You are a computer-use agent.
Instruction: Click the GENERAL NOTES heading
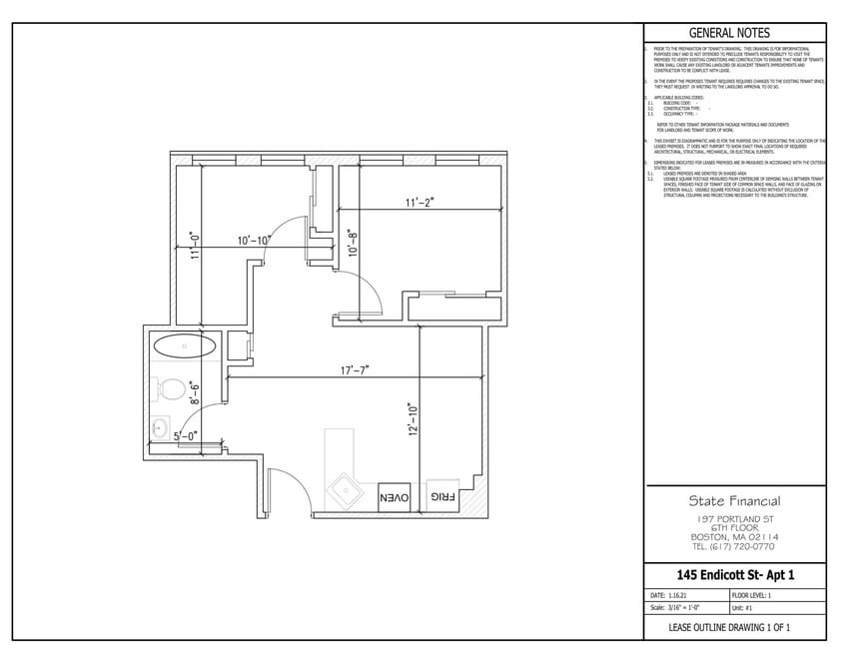(x=735, y=33)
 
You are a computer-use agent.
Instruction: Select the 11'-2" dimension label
(x=420, y=203)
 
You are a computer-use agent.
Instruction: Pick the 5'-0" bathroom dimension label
(x=185, y=435)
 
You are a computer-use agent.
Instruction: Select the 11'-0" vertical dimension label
(x=194, y=246)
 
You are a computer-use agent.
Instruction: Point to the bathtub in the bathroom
(x=184, y=347)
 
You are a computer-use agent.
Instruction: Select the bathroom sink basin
(x=161, y=428)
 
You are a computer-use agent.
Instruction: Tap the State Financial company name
(x=735, y=501)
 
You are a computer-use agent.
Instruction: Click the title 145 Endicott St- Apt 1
(x=735, y=575)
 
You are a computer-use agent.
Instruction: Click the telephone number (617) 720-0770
(x=735, y=546)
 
